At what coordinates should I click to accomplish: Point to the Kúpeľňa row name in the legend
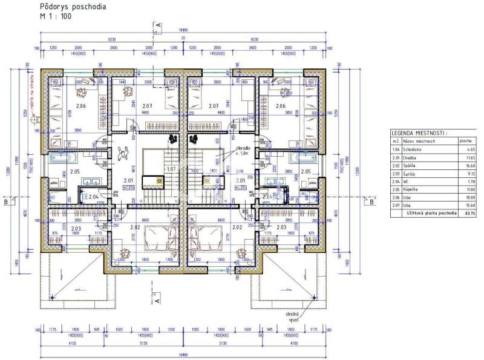(x=418, y=190)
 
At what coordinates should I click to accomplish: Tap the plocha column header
(x=465, y=140)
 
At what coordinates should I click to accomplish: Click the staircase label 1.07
(x=171, y=169)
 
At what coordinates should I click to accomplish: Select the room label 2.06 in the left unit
(x=81, y=106)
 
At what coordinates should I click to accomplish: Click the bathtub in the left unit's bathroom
(x=61, y=160)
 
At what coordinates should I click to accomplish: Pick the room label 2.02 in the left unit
(x=134, y=227)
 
